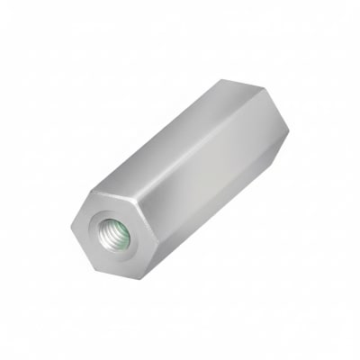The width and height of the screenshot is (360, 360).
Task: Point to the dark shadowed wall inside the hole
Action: (x=107, y=229)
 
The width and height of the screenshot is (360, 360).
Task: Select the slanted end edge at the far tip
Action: (x=266, y=101)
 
